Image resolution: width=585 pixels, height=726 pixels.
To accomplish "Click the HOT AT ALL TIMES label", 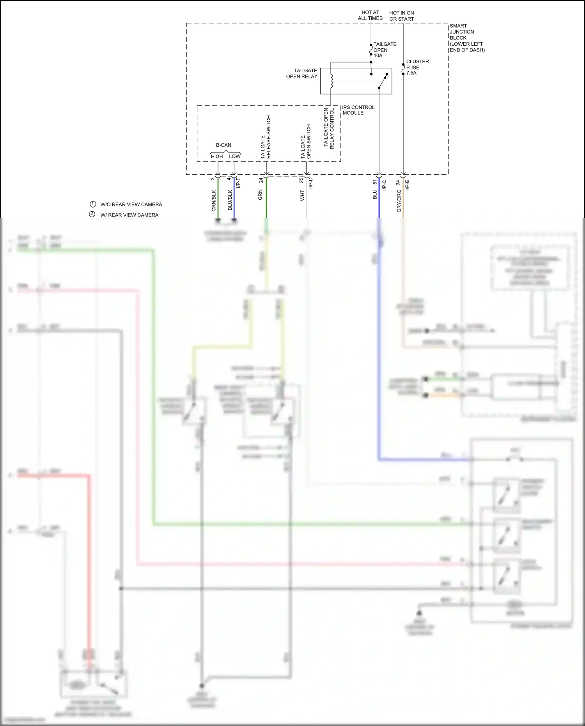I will pos(370,15).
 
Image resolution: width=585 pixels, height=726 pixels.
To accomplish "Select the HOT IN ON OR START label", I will pos(401,16).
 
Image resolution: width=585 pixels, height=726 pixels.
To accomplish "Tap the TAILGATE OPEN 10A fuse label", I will pos(385,50).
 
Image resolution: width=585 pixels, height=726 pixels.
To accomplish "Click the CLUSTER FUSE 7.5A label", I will pos(417,67).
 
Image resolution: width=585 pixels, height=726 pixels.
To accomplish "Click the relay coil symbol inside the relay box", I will pos(331,81).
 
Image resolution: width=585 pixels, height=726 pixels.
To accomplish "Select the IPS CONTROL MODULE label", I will pos(358,110).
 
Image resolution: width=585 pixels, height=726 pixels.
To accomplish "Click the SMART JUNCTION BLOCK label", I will pos(467,38).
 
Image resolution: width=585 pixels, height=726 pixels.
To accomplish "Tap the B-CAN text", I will pos(223,145).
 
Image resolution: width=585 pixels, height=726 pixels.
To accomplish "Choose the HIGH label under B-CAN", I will pos(217,156).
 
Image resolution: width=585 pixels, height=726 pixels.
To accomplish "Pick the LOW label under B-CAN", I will pos(235,156).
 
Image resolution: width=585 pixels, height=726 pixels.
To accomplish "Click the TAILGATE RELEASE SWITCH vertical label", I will pos(266,137).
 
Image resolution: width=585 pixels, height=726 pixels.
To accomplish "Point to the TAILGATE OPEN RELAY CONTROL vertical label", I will pos(329,128).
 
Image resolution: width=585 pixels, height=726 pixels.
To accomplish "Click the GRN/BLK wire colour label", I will pos(214,201).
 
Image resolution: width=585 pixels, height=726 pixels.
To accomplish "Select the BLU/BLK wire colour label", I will pos(230,200).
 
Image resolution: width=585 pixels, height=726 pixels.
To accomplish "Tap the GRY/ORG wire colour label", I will pos(399,201).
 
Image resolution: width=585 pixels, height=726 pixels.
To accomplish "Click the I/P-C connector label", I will pos(384,185).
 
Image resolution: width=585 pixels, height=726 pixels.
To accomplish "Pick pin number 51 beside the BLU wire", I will pos(375,182).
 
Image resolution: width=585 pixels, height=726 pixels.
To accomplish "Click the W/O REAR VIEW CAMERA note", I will pos(131,204).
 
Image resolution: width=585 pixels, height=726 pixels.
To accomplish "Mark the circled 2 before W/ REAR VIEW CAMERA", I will pos(92,214).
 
